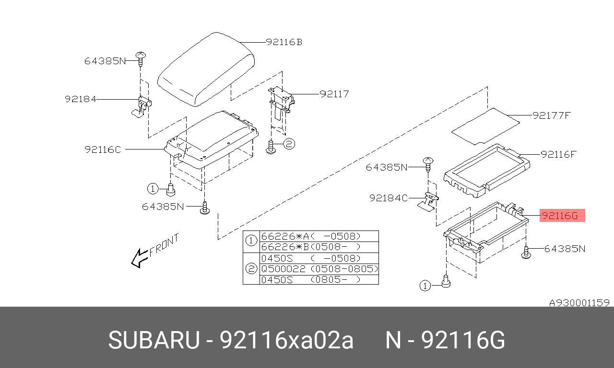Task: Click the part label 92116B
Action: coord(284,42)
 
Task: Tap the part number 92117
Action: coord(334,94)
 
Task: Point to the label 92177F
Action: coord(552,115)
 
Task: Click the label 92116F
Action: coord(558,154)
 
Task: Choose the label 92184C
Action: coord(389,198)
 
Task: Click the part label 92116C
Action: coord(103,149)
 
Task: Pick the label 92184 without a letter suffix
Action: coord(81,99)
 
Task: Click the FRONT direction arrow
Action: coord(140,258)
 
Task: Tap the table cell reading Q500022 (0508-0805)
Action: coord(319,269)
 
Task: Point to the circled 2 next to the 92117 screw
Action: coord(289,144)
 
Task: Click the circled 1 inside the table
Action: coord(251,241)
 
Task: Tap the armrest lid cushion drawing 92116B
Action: coord(206,69)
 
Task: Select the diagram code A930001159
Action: coord(579,303)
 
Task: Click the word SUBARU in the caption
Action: coord(153,341)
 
